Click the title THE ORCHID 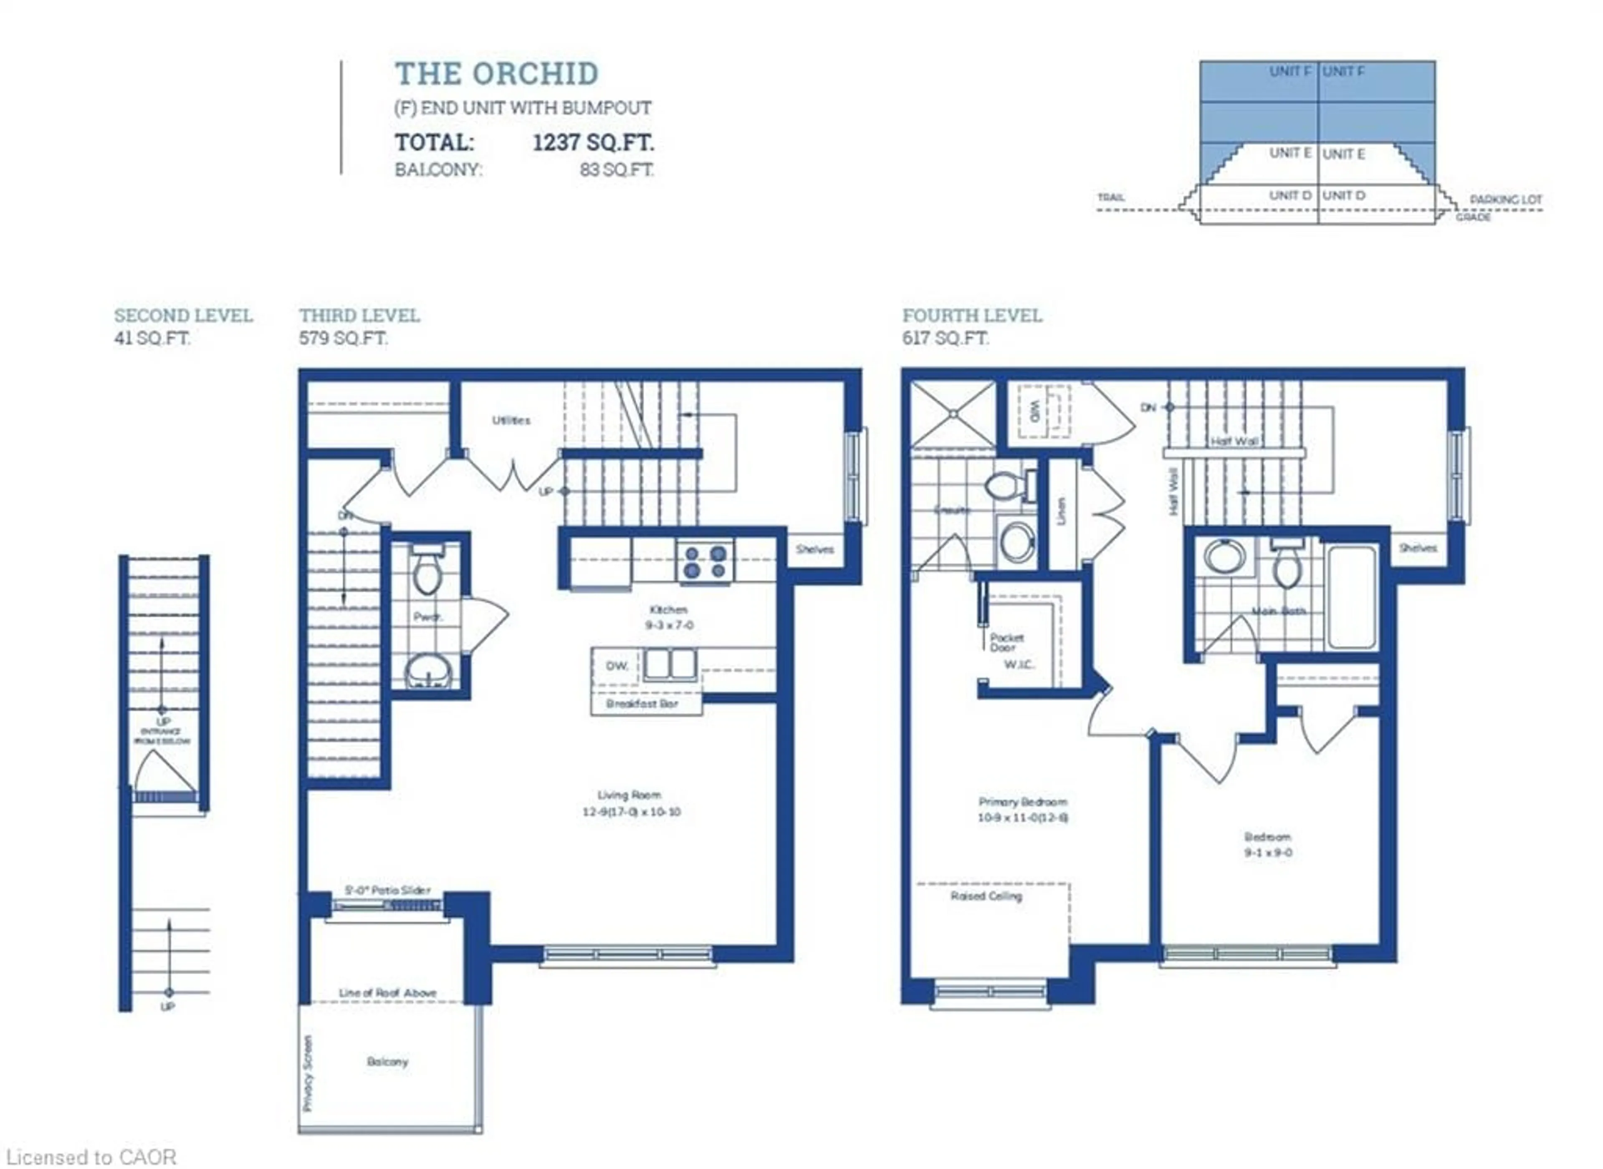(496, 73)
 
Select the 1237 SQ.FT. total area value (593, 142)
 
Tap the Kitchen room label (668, 609)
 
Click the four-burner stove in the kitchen (705, 561)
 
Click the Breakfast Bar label (642, 703)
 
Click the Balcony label (387, 1061)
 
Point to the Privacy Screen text (308, 1073)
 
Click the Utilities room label (511, 420)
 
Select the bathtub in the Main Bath (1352, 596)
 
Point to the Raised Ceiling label (986, 896)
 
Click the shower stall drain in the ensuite (953, 413)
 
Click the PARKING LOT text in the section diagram (1505, 199)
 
